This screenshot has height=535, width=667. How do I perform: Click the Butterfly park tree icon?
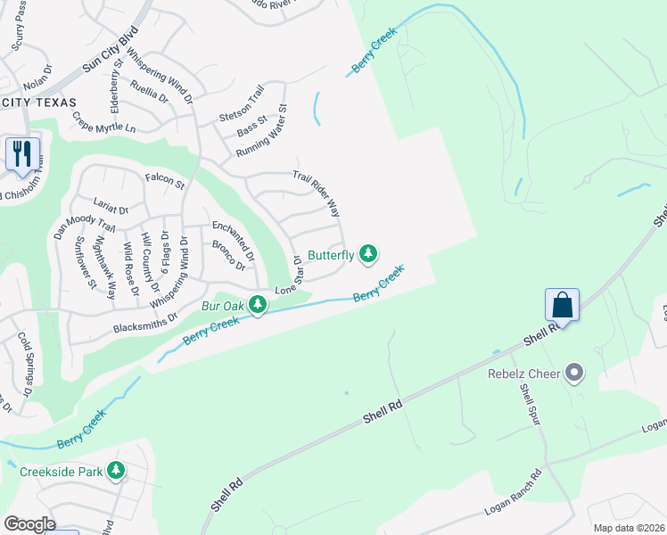pyautogui.click(x=367, y=254)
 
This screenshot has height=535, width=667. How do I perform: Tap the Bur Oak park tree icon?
pyautogui.click(x=258, y=306)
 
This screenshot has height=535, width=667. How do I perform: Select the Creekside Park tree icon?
pyautogui.click(x=115, y=470)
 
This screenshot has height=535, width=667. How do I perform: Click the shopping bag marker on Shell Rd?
pyautogui.click(x=563, y=305)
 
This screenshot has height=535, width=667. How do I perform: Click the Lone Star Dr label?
pyautogui.click(x=287, y=275)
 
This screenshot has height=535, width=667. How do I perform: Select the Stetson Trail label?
pyautogui.click(x=243, y=104)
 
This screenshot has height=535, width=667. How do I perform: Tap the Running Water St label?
pyautogui.click(x=261, y=132)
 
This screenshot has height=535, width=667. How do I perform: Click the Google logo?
pyautogui.click(x=29, y=524)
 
